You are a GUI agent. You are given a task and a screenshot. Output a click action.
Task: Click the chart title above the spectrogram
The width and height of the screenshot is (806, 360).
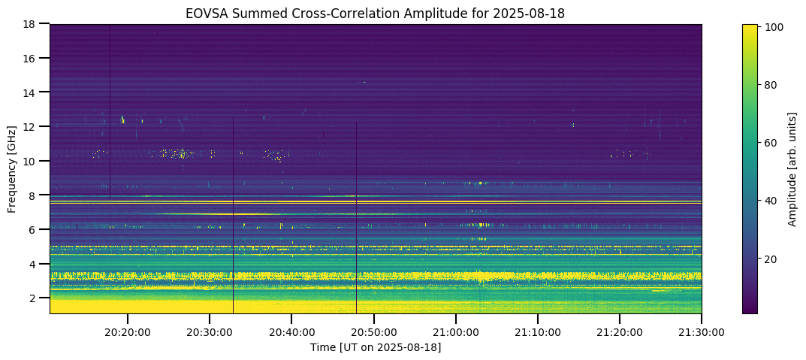[375, 14]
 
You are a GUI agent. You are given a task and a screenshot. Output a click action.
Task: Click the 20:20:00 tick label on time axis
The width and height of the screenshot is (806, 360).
[128, 331]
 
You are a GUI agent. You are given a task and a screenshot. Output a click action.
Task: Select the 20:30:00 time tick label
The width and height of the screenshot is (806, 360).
[210, 331]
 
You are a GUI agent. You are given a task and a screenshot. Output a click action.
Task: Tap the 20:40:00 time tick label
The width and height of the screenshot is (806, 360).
[291, 331]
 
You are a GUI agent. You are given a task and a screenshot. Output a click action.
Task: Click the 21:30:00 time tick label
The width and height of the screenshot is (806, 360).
[701, 331]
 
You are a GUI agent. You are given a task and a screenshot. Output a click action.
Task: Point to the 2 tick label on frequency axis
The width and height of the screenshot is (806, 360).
[34, 298]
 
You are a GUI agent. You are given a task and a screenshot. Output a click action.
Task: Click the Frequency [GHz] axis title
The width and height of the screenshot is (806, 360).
[12, 169]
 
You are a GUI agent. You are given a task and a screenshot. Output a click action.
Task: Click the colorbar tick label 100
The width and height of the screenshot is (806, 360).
[774, 27]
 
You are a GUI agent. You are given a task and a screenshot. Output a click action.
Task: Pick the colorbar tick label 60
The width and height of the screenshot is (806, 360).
[771, 143]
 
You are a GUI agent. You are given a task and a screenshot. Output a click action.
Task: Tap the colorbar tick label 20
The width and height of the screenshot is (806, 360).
[771, 259]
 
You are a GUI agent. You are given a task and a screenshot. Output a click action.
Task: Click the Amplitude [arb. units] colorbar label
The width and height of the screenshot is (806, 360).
[792, 169]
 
